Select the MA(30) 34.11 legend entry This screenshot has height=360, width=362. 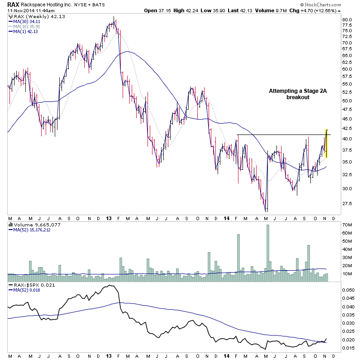(x=26, y=21)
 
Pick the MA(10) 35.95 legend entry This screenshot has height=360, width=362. (x=26, y=26)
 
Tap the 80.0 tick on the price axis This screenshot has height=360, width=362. (x=348, y=20)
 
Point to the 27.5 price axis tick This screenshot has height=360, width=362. (x=348, y=204)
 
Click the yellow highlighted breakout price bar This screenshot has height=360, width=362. (x=327, y=144)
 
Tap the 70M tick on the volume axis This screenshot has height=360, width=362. (x=348, y=225)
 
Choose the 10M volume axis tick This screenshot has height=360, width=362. (x=348, y=274)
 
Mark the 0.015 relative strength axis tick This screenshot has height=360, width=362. (x=348, y=348)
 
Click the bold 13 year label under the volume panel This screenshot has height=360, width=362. (x=109, y=218)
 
